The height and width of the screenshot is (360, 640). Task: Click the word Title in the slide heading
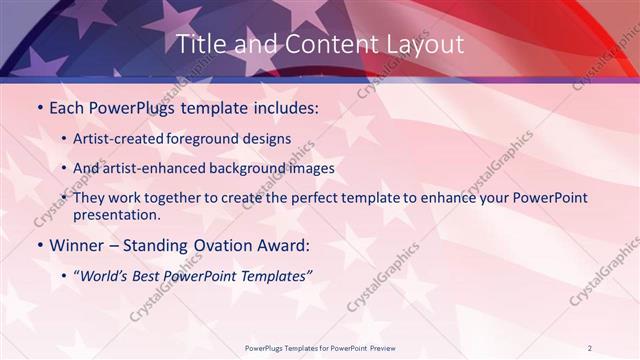click(x=198, y=44)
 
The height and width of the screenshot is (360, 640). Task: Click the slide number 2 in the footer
click(x=589, y=348)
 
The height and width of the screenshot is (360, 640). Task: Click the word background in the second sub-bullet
click(x=243, y=168)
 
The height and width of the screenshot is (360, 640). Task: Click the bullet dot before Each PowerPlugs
click(x=39, y=108)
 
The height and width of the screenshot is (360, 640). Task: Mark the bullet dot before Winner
click(x=39, y=246)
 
